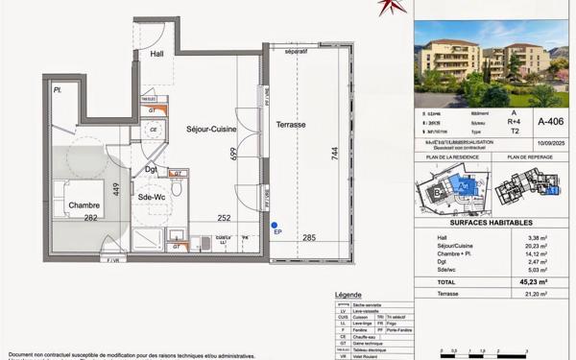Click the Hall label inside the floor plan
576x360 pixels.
coord(157,55)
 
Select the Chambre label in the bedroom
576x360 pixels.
coord(84,205)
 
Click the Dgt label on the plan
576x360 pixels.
coord(151,170)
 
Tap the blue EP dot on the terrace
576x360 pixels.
coord(275,225)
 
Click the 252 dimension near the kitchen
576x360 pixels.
coord(223,219)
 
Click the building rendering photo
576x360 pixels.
coord(491,64)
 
